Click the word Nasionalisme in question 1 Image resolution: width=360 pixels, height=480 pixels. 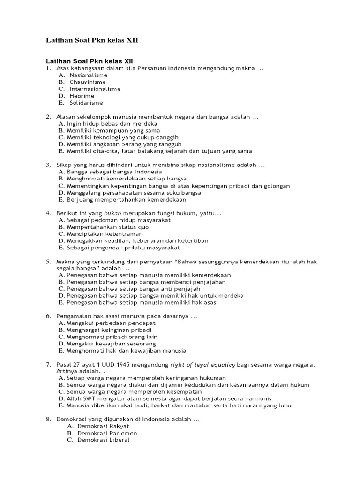click(88, 75)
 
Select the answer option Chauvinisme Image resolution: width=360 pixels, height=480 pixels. click(88, 82)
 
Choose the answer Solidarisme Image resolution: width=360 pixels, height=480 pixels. click(86, 103)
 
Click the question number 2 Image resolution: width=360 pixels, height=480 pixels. click(48, 117)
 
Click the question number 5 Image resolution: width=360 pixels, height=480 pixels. click(48, 262)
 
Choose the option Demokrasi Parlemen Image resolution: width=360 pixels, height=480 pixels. click(100, 433)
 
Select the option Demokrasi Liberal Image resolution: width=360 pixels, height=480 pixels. click(97, 440)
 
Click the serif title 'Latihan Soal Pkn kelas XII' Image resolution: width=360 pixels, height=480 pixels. click(92, 41)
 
